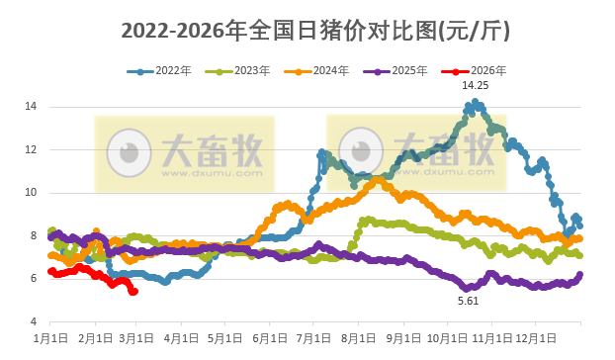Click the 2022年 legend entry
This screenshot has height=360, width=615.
click(x=166, y=71)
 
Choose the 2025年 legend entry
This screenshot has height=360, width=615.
click(x=402, y=71)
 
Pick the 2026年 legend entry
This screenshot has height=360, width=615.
click(x=481, y=71)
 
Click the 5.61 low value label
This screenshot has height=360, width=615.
click(x=468, y=300)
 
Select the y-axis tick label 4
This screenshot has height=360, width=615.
click(x=34, y=322)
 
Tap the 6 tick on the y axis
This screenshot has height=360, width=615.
click(x=34, y=279)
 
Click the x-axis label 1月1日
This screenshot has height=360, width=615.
click(x=50, y=338)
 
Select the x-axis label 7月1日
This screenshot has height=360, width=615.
click(x=312, y=338)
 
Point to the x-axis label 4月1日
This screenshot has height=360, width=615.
click(x=181, y=338)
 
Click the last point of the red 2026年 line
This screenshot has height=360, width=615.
click(x=134, y=291)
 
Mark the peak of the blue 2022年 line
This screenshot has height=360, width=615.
click(x=476, y=102)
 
